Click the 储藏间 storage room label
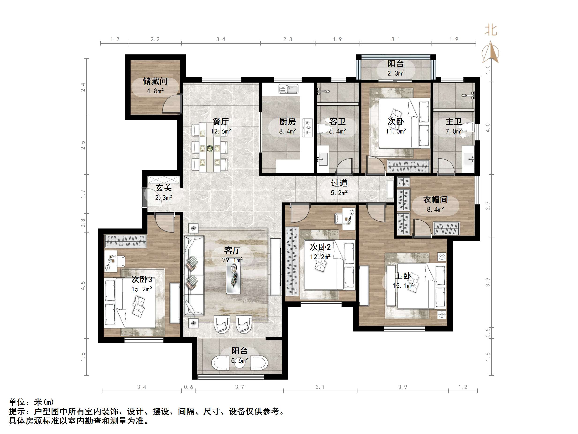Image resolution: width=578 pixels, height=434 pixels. (155, 81)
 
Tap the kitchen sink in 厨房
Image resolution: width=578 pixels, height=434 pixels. (288, 89)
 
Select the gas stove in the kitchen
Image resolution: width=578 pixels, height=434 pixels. (308, 128)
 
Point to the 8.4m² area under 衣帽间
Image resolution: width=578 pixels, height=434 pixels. (435, 209)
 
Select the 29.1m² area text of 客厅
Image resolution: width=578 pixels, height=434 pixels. (232, 260)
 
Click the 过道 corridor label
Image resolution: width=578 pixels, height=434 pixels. (339, 183)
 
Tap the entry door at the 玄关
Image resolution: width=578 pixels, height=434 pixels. (145, 198)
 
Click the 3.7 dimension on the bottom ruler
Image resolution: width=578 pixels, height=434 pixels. (239, 387)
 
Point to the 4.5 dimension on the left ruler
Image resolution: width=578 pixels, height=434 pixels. (83, 286)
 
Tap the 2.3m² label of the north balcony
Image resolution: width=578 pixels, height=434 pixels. (396, 73)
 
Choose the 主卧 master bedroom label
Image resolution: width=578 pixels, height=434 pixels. (402, 276)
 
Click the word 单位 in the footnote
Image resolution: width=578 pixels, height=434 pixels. (17, 402)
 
